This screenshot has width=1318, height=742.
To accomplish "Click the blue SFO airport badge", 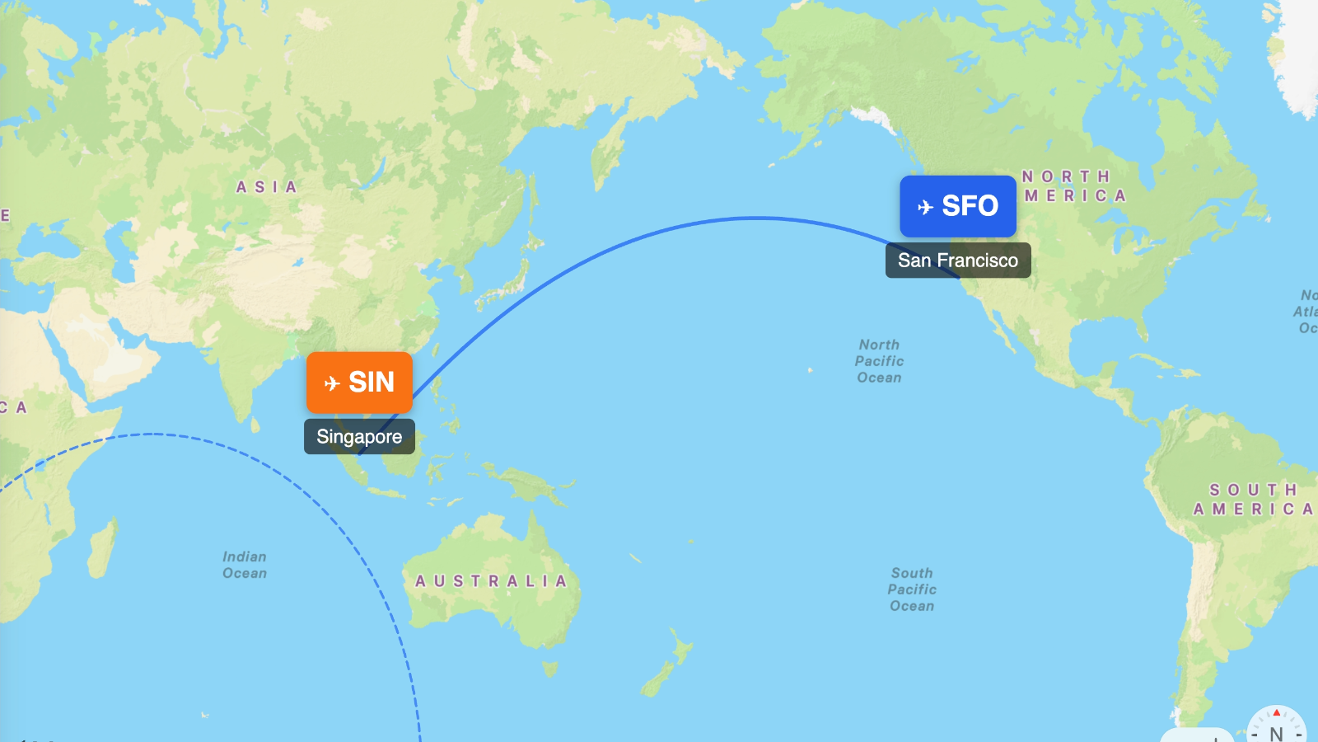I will click(x=957, y=206).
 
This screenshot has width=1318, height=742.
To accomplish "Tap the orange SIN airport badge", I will click(x=359, y=383).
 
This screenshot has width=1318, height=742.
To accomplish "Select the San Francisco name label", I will click(x=957, y=261).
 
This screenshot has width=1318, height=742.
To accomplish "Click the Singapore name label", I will click(x=359, y=437).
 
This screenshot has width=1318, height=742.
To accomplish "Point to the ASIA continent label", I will click(x=266, y=187).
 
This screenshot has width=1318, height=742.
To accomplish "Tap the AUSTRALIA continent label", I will click(x=491, y=581).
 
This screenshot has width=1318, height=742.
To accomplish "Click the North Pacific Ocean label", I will click(x=879, y=361).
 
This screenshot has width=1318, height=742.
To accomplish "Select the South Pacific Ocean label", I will click(x=912, y=589).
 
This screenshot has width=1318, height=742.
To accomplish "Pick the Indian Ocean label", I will click(x=245, y=565).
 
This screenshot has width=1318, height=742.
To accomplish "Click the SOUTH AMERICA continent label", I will click(x=1252, y=500).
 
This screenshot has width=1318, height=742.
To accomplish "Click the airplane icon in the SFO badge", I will click(x=925, y=207).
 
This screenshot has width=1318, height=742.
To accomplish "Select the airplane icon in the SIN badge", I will click(x=332, y=383).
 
